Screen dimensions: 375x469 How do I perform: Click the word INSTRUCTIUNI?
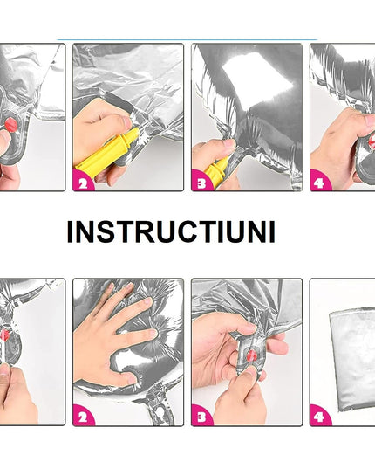(171, 231)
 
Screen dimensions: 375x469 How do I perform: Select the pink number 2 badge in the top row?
(83, 182)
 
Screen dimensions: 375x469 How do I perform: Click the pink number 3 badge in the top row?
(201, 182)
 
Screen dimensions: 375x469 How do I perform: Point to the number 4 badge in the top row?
(319, 182)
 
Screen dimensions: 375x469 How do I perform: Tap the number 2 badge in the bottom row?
(83, 416)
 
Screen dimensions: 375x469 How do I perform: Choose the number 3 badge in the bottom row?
(201, 416)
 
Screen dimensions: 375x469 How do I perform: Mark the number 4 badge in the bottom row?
(319, 416)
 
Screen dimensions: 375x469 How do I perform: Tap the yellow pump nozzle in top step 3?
(217, 169)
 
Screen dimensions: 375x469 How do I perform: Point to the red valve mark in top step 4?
(372, 141)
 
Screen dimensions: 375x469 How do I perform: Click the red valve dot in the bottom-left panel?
(5, 335)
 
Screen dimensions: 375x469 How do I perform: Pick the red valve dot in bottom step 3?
(251, 356)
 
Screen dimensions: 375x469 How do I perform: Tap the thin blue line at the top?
(187, 39)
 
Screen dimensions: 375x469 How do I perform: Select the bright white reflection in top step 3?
(258, 79)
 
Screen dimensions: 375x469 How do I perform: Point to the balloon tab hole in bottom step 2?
(161, 413)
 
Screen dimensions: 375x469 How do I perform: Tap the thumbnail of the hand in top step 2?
(126, 122)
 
